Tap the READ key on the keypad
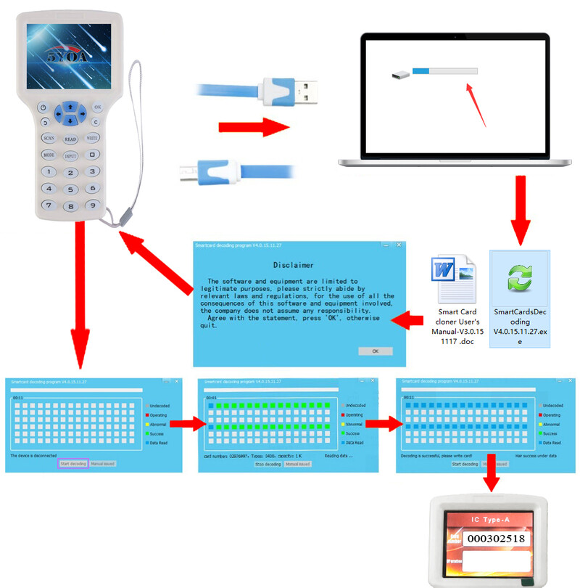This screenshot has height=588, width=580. pyautogui.click(x=70, y=139)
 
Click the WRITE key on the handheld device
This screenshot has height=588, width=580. pyautogui.click(x=93, y=137)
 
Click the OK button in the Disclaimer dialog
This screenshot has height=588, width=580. pyautogui.click(x=375, y=351)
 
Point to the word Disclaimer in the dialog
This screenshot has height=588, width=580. pyautogui.click(x=294, y=265)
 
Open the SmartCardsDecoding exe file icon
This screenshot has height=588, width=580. pyautogui.click(x=520, y=279)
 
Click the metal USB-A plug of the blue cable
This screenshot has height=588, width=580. pyautogui.click(x=308, y=91)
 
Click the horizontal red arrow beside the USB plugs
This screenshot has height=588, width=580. pyautogui.click(x=253, y=128)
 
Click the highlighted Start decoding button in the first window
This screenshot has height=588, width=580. pyautogui.click(x=73, y=463)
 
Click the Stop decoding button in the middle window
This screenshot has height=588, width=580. pyautogui.click(x=267, y=464)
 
